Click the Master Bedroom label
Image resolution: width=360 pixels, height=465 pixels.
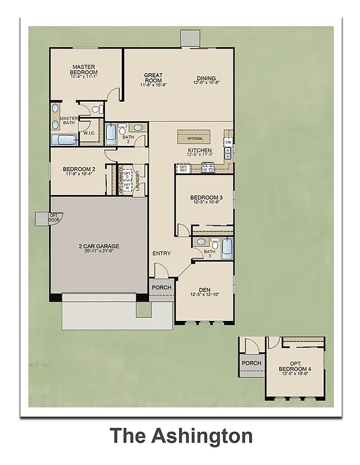tap(85, 70)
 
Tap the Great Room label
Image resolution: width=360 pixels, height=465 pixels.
tap(153, 78)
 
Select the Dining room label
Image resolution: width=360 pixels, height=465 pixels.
tap(207, 78)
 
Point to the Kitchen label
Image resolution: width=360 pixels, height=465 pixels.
tap(199, 150)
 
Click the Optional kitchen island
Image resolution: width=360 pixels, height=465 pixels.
tap(195, 137)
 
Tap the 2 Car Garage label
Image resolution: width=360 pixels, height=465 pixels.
tap(98, 246)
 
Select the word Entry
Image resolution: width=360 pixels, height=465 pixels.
tap(161, 254)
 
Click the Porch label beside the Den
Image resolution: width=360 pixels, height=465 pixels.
tap(161, 288)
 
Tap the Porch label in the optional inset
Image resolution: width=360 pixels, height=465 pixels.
tap(252, 363)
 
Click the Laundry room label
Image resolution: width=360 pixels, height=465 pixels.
tap(138, 180)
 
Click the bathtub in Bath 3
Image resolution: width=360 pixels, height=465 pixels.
tap(227, 249)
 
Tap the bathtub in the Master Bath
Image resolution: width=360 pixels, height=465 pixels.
tap(64, 140)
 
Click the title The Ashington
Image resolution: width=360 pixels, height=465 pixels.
tap(181, 436)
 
